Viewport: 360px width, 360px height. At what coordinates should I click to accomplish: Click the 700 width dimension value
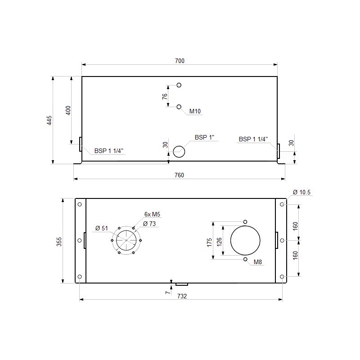180,61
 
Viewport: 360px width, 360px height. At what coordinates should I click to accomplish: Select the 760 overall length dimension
179,175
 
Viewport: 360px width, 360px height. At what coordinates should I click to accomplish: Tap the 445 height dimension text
49,120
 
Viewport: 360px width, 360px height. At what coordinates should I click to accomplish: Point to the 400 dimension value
68,110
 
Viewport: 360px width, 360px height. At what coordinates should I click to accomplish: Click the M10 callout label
195,111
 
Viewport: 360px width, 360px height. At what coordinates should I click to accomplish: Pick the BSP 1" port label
204,137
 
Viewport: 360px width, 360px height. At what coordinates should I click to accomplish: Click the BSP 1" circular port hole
179,152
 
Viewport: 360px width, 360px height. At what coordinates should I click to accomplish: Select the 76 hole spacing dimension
165,96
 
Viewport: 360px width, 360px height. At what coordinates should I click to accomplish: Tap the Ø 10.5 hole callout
301,193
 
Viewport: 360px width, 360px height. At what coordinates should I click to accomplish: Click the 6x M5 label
152,214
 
